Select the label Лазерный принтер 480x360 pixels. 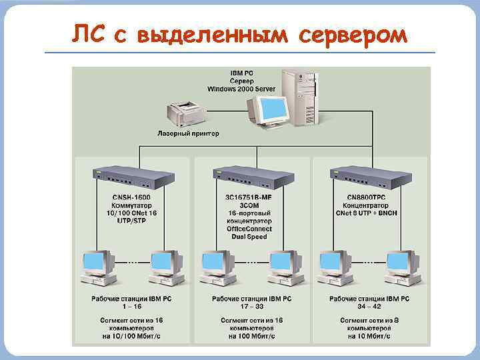[188, 134]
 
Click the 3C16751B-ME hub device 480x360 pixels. [253, 177]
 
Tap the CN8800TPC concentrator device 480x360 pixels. [370, 177]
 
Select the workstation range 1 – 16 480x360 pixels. [131, 306]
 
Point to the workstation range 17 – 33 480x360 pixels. [251, 306]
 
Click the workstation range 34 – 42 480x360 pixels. [369, 306]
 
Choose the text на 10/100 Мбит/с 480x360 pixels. [131, 337]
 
